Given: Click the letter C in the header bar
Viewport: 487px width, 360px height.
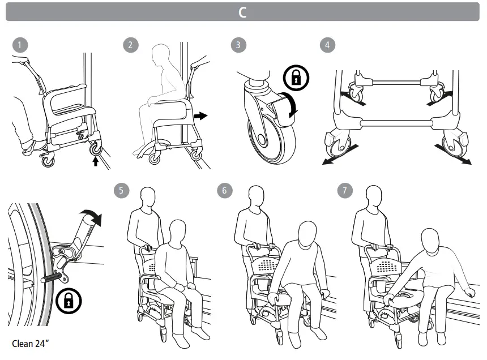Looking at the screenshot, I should pos(242,12).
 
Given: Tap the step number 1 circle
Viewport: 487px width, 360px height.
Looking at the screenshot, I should pos(20,45).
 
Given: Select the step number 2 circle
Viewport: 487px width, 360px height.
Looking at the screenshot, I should pos(130,45).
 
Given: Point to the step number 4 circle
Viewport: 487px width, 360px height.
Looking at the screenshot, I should pos(327,45).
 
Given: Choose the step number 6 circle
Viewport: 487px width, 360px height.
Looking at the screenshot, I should pos(224,190).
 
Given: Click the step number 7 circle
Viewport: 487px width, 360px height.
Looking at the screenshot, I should pos(344,190).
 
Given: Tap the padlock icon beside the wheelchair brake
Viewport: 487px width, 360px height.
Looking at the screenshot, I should pos(69,300).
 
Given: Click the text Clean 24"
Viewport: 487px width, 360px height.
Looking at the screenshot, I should pos(31,343).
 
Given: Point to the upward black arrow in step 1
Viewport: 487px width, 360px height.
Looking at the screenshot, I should pos(96,161).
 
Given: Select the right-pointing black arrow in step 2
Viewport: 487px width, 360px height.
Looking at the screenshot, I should pos(200,115).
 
